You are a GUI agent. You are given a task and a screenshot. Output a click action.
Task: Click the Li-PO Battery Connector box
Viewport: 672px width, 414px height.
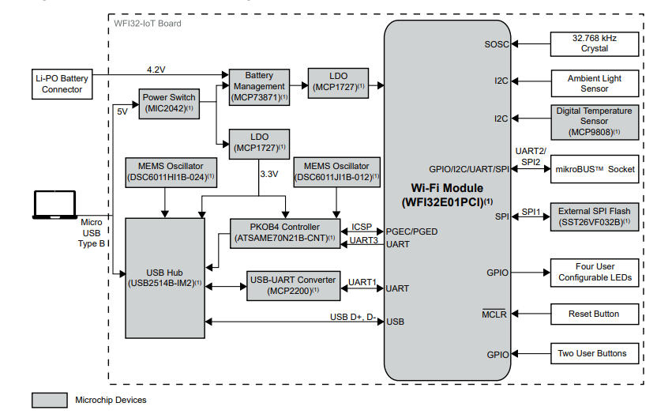(62, 84)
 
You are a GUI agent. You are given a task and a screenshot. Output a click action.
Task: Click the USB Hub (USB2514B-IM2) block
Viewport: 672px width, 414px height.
(165, 277)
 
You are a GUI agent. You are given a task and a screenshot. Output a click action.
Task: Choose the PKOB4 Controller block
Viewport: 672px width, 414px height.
(283, 232)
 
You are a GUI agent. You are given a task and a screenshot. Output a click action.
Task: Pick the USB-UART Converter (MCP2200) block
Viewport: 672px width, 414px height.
(293, 285)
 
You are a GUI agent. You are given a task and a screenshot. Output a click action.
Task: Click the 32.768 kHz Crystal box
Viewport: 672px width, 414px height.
(594, 43)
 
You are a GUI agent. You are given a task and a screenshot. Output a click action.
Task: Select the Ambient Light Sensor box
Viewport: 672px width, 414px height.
(594, 84)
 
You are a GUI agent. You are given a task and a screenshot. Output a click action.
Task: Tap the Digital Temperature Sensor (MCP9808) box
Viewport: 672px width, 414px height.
(594, 122)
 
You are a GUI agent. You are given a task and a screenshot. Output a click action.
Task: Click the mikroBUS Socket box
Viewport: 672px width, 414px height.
(594, 169)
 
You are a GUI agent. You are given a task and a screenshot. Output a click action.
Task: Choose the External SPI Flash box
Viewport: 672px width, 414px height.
(594, 216)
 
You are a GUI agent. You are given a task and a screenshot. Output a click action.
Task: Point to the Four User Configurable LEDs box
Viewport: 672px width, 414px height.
(594, 272)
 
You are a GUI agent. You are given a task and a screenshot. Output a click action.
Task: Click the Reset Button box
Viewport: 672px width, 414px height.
(594, 314)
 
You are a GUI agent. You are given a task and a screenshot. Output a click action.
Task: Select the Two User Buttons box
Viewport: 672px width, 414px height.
(594, 353)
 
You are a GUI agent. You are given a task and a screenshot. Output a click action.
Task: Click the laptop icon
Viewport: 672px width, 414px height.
(58, 205)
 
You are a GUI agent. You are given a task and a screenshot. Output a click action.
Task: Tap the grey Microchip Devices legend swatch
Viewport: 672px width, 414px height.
(49, 400)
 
